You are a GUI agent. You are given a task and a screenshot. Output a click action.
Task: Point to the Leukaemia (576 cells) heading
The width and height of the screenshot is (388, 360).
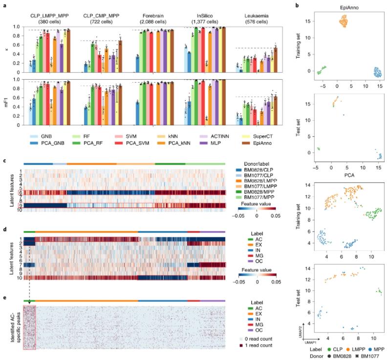coord(262,10)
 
